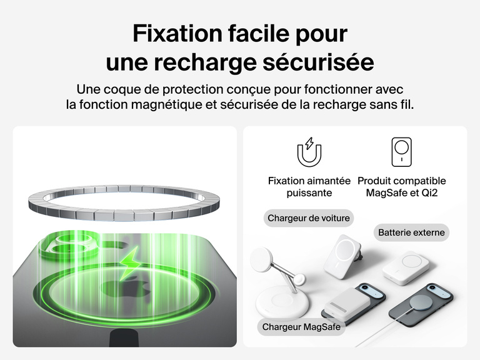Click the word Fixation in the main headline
click(177, 33)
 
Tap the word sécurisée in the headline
click(318, 62)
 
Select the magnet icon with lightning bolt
click(309, 152)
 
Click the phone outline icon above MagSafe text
click(402, 152)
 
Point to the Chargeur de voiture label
click(309, 218)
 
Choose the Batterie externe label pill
click(411, 232)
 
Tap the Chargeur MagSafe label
click(301, 327)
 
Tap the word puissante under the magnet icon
click(309, 193)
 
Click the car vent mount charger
click(342, 256)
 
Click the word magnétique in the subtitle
click(167, 104)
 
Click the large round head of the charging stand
click(262, 259)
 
